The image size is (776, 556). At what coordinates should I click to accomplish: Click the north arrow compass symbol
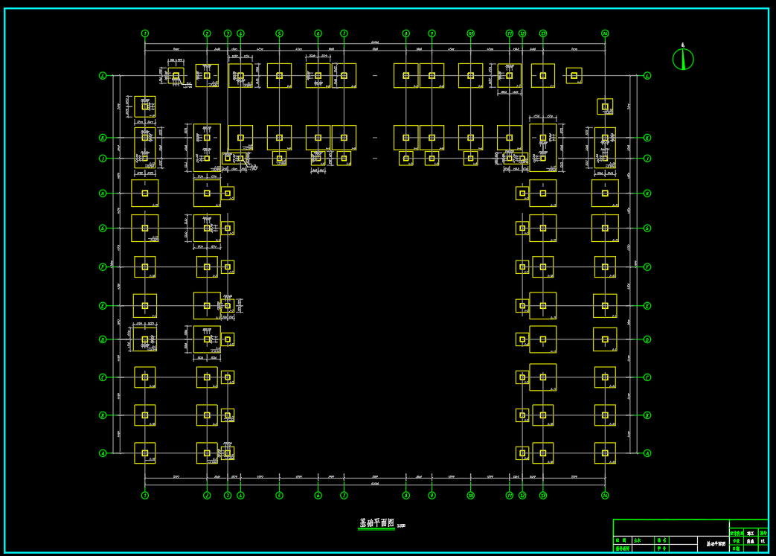click(x=683, y=59)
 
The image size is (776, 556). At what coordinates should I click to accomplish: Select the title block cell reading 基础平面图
click(x=716, y=544)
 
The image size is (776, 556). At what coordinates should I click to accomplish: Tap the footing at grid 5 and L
click(x=279, y=75)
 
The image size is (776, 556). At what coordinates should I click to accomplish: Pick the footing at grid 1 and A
click(x=145, y=453)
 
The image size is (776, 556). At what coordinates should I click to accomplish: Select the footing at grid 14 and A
click(x=605, y=453)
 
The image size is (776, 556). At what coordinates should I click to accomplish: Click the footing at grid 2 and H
click(x=207, y=193)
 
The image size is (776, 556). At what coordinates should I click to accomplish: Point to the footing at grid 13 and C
click(x=543, y=377)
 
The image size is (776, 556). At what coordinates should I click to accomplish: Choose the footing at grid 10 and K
click(x=470, y=138)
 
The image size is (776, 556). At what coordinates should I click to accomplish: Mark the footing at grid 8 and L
click(x=406, y=75)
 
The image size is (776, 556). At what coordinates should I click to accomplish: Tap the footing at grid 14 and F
click(x=605, y=266)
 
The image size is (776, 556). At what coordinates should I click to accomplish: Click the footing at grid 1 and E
click(x=145, y=305)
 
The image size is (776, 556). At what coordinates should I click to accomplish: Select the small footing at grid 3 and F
click(x=228, y=266)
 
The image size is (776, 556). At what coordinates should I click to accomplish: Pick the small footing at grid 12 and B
click(x=522, y=415)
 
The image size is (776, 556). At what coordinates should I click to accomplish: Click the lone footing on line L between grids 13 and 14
click(x=574, y=75)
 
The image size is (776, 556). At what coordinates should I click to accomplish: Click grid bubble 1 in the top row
click(x=145, y=33)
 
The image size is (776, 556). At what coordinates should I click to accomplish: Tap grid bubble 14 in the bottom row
click(x=605, y=495)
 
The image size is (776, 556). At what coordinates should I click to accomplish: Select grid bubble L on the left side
click(x=103, y=75)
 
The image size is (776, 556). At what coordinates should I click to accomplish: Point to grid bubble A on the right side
click(x=647, y=453)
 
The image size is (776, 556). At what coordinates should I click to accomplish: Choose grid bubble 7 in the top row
click(x=344, y=33)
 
